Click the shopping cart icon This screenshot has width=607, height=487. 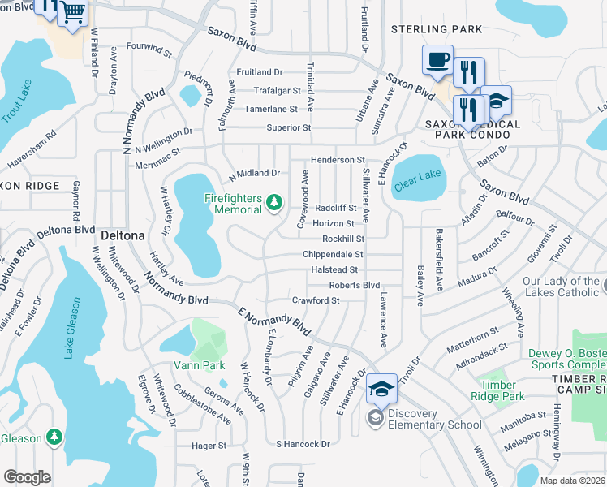[x=73, y=12]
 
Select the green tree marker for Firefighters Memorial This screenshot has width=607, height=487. [x=274, y=201]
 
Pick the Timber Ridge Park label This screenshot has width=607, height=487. [x=497, y=390]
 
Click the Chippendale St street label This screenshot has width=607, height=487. [x=332, y=254]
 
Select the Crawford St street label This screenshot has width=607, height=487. [x=316, y=300]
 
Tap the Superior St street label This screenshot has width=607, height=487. [x=289, y=127]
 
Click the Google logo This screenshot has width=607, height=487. [x=27, y=477]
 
